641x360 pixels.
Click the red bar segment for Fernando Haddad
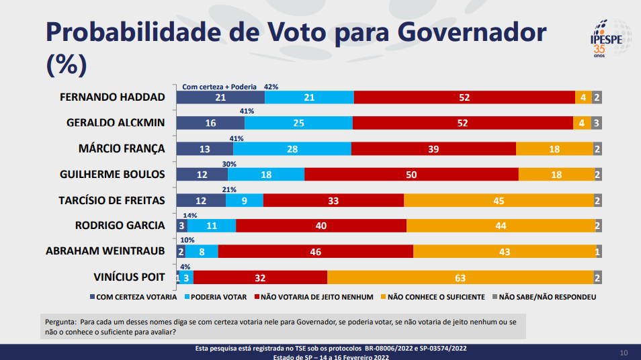click(464, 97)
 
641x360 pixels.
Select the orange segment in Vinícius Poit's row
click(460, 277)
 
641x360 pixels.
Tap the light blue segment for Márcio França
click(292, 149)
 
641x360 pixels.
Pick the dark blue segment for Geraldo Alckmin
click(210, 124)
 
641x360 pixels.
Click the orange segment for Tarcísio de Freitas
click(499, 200)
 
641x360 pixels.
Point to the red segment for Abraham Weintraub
click(315, 251)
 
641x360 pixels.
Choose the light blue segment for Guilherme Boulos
click(266, 175)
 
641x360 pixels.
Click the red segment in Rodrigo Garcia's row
click(321, 226)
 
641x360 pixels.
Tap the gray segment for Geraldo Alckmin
click(596, 124)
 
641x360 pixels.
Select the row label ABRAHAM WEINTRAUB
click(105, 251)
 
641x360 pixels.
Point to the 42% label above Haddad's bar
click(271, 87)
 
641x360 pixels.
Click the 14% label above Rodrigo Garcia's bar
click(191, 215)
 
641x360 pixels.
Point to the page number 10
click(623, 353)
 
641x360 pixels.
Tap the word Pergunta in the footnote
click(60, 321)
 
